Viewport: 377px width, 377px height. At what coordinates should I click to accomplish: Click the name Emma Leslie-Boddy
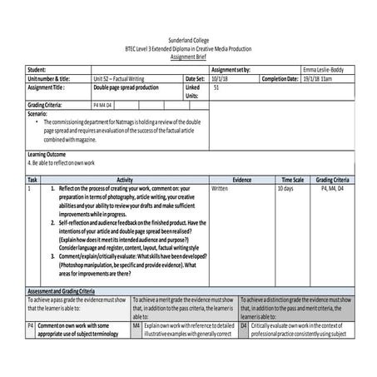pos(323,70)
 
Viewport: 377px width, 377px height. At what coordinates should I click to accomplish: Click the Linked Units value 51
pos(217,87)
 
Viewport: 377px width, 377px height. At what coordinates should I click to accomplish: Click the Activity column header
pos(125,180)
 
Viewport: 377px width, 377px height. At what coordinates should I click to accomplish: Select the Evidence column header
pos(242,180)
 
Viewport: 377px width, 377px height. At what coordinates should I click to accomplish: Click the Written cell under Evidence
pos(221,189)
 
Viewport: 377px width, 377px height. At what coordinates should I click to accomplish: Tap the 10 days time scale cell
pos(285,189)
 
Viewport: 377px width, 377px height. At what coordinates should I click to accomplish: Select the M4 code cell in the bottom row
pos(136,325)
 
